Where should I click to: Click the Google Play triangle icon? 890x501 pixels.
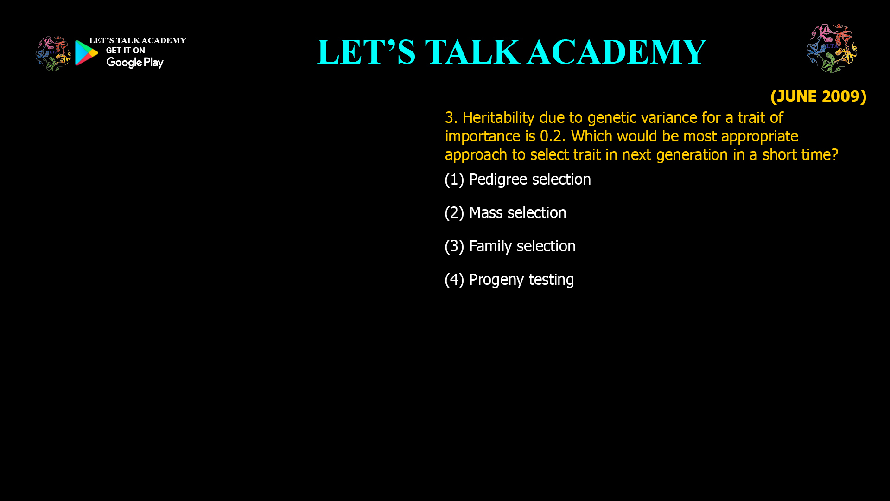tap(86, 53)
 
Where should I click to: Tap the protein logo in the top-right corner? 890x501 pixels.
tap(832, 49)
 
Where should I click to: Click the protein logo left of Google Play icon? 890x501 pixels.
tap(53, 54)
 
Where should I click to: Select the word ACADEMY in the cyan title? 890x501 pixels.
tap(617, 51)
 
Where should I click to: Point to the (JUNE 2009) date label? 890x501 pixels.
tap(818, 96)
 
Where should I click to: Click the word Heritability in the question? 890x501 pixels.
tap(498, 118)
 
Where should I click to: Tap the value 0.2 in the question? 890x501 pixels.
tap(552, 136)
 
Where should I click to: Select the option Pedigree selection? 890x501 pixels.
tap(529, 180)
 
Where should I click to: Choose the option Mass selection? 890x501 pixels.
tap(517, 213)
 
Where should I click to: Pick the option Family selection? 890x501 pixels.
tap(522, 246)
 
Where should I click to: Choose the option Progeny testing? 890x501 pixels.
tap(521, 280)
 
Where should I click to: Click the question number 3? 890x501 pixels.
tap(450, 118)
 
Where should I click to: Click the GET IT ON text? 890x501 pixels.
tap(125, 51)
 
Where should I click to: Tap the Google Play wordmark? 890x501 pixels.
tap(134, 63)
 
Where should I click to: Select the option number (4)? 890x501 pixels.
tap(454, 280)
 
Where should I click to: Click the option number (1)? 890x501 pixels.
tap(454, 180)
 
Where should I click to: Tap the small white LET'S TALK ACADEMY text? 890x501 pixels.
tap(137, 40)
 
